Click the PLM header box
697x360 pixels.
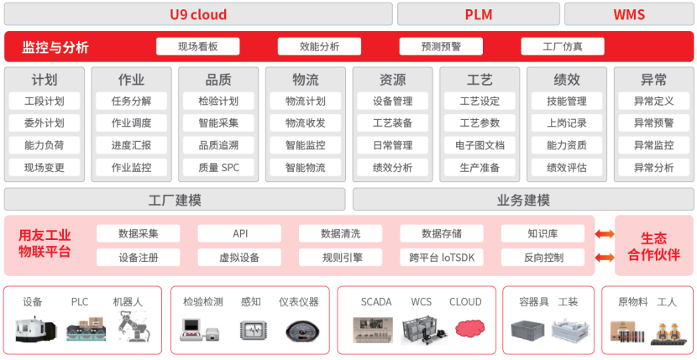tap(478, 14)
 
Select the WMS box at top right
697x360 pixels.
tap(629, 14)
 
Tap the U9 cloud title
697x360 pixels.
tap(198, 14)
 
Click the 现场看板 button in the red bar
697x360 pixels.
tap(198, 47)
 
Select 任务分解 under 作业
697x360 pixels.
tap(132, 102)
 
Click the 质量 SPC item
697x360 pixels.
tap(219, 168)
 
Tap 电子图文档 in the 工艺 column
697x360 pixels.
tap(480, 145)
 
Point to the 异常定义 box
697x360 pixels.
tap(654, 102)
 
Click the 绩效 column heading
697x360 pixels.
tap(567, 80)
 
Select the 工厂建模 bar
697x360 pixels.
tap(175, 200)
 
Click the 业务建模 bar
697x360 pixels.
tap(524, 200)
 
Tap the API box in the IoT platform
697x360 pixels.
tap(239, 234)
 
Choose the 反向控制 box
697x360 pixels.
tap(543, 258)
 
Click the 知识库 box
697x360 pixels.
tap(543, 234)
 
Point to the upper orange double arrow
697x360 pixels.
tap(605, 234)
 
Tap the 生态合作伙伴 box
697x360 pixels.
tap(653, 246)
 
